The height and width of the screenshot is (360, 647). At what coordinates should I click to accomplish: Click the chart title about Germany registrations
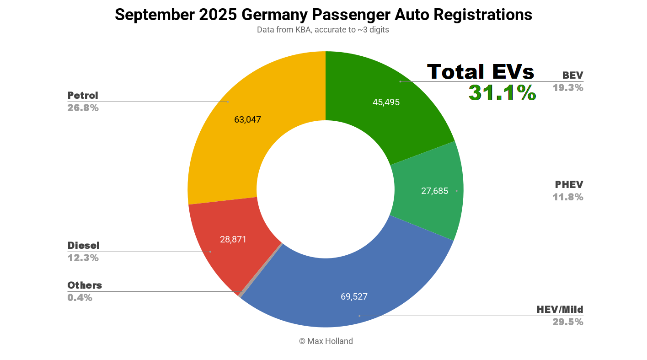(x=323, y=15)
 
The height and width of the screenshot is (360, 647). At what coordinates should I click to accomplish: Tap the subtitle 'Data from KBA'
(x=323, y=30)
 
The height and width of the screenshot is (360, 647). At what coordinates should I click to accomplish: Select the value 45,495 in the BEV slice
(x=386, y=102)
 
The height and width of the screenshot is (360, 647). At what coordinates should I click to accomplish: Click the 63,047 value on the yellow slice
(x=247, y=120)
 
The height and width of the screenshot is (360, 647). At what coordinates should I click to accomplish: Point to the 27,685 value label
(x=434, y=191)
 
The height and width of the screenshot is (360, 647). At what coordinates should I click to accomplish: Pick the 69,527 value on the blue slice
(x=354, y=296)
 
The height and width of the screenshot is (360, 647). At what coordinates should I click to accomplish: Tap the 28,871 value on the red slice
(x=233, y=239)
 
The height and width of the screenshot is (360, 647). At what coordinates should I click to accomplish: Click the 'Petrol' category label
(x=83, y=96)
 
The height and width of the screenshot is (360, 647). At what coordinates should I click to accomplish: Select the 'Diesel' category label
(x=83, y=246)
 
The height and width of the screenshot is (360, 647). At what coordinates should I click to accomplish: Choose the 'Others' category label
(x=85, y=285)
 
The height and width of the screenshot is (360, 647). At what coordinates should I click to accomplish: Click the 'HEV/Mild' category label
(x=560, y=310)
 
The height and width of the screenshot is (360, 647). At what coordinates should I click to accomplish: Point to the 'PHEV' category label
(x=569, y=185)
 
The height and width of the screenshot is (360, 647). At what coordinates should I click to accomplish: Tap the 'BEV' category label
(x=572, y=75)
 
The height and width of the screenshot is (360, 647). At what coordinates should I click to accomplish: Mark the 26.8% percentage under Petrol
(x=83, y=108)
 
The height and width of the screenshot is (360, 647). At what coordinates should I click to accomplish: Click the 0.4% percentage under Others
(x=80, y=298)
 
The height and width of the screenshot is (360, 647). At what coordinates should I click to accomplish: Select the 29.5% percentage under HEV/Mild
(x=567, y=322)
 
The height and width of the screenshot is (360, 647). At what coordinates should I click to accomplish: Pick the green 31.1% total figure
(x=502, y=93)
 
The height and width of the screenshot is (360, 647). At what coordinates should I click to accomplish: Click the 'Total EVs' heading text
(x=481, y=72)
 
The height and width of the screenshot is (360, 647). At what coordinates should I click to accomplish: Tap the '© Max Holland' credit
(x=326, y=341)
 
